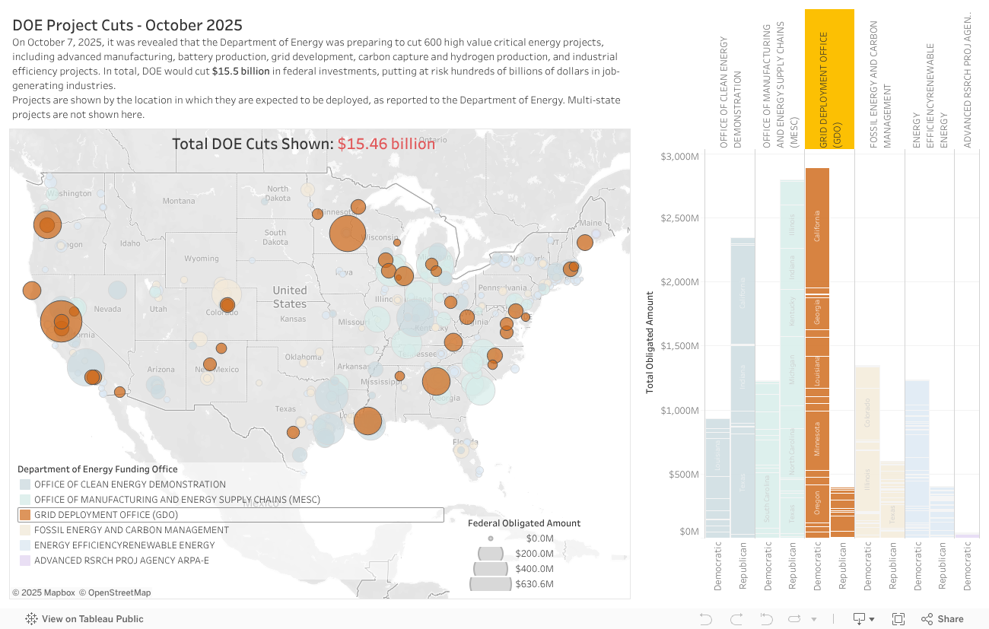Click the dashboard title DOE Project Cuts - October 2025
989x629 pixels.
[x=127, y=25]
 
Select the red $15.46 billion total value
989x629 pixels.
[x=386, y=144]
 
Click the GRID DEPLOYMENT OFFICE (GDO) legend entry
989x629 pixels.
[x=106, y=515]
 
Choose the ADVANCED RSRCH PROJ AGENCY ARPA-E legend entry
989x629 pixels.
[x=121, y=561]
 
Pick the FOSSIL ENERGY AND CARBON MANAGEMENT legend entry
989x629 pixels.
[x=131, y=530]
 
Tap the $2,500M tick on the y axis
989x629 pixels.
[x=679, y=218]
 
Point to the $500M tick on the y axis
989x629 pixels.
[x=682, y=475]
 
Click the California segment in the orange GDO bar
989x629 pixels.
[x=817, y=227]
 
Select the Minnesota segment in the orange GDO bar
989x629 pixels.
[x=817, y=439]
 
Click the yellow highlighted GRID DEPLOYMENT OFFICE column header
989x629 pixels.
[x=829, y=79]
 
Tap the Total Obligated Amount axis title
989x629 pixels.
[x=650, y=342]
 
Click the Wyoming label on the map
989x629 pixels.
[x=201, y=259]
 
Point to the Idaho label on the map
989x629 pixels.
[x=130, y=243]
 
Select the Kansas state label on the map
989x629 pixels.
[x=292, y=319]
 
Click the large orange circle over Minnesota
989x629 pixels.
[x=347, y=233]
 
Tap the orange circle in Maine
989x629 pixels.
[x=584, y=243]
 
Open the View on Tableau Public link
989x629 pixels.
[x=84, y=619]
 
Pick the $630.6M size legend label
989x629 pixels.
[x=533, y=584]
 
